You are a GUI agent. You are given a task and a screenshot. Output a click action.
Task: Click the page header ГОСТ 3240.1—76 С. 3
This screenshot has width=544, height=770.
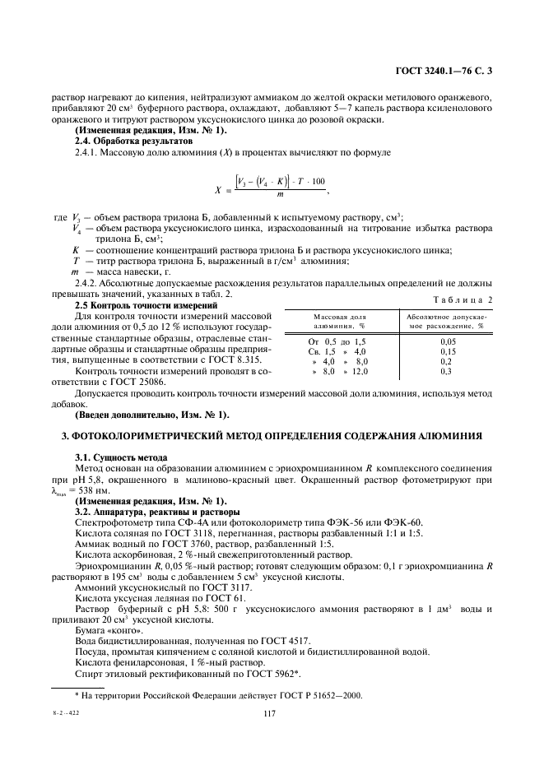pos(444,72)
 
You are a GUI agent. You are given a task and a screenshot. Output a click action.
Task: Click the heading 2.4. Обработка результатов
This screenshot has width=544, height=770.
pos(123,141)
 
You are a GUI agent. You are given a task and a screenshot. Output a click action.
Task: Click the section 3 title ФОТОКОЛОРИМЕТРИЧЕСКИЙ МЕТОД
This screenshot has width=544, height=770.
pos(271,434)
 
